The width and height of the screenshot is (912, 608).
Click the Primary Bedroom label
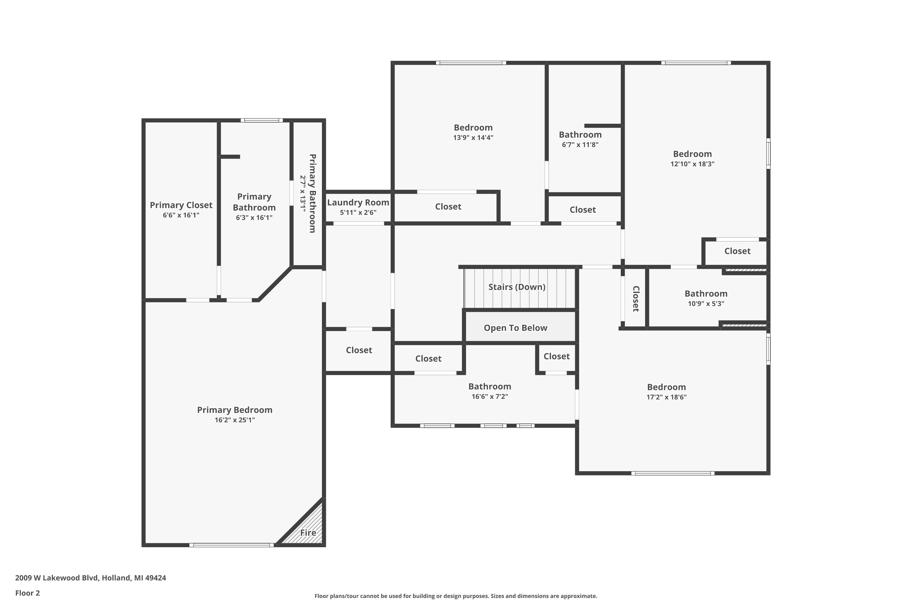click(235, 410)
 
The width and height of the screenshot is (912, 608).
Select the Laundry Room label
click(358, 202)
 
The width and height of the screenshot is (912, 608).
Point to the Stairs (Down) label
click(517, 287)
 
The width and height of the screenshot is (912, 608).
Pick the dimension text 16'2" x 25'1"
click(235, 420)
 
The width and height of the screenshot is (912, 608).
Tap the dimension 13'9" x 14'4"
click(473, 138)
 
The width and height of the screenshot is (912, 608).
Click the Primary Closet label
click(181, 205)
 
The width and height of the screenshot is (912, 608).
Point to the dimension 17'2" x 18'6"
click(666, 397)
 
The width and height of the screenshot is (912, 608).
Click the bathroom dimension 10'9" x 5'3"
click(706, 304)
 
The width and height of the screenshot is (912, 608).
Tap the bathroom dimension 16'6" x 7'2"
click(490, 396)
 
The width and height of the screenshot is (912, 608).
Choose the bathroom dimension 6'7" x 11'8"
click(580, 145)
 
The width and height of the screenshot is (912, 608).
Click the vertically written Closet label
click(636, 299)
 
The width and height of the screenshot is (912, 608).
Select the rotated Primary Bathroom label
click(312, 193)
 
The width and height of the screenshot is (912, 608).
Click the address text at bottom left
click(91, 578)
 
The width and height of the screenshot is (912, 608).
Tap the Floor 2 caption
click(28, 593)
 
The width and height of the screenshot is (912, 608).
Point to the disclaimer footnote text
click(456, 596)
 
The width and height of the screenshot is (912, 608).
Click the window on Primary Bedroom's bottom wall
click(231, 545)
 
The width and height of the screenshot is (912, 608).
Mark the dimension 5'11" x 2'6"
click(358, 212)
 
